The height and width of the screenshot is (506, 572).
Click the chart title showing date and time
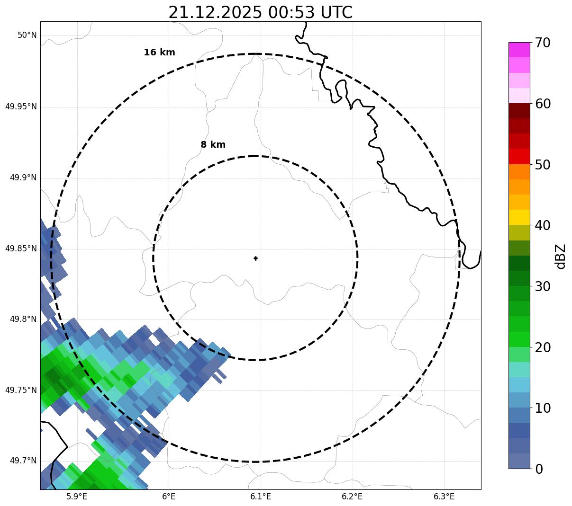point(260,12)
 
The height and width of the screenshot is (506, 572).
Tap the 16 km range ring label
point(159,53)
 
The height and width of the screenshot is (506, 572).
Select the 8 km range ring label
point(213,145)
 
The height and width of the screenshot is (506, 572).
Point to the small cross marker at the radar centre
point(256,258)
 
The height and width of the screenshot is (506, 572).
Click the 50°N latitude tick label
point(27,36)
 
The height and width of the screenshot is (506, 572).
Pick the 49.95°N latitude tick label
point(21,107)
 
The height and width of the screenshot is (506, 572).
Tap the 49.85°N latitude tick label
point(21,249)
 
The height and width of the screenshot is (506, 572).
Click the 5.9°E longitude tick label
point(77,497)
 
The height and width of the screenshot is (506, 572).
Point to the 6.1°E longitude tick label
point(261,497)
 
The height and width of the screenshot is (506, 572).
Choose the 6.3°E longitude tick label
point(444,497)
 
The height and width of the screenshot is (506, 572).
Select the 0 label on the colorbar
point(539,469)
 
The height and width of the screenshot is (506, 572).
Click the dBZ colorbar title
point(561,256)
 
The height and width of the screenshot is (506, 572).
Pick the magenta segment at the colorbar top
point(519,50)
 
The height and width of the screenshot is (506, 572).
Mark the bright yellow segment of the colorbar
point(519,217)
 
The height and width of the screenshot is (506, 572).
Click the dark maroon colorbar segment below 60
point(519,111)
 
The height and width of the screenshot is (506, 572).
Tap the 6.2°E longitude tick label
point(352,497)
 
